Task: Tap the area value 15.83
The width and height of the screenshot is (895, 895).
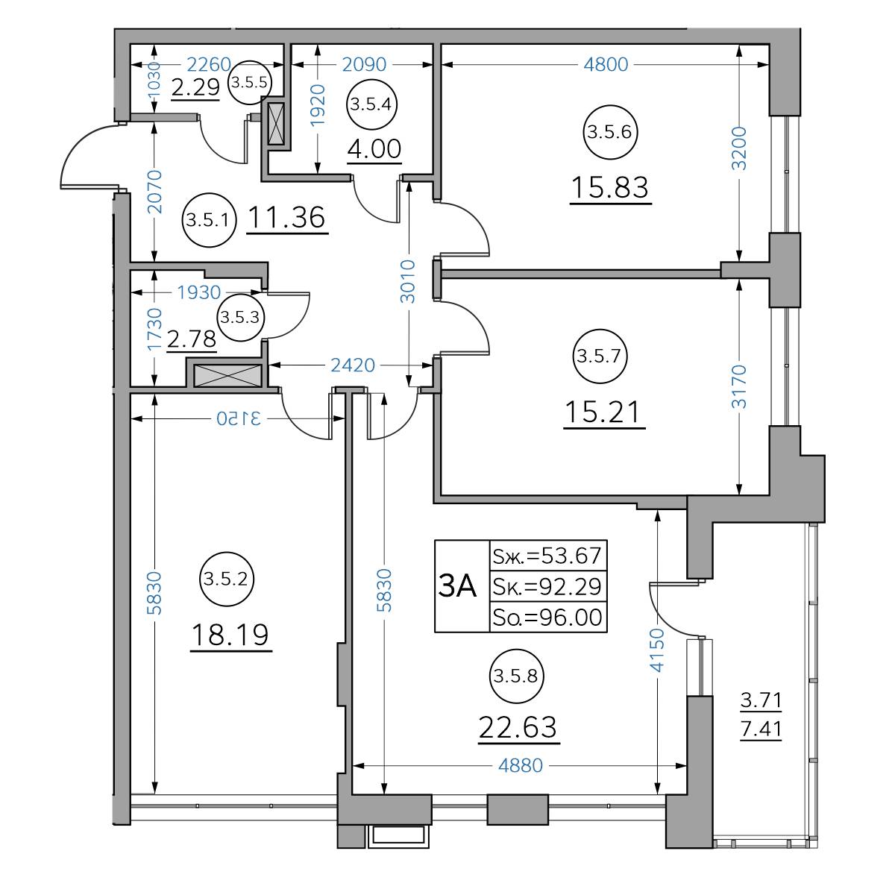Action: click(x=610, y=188)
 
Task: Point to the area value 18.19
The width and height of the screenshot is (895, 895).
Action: click(x=230, y=635)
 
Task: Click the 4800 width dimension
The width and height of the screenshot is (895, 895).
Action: click(x=606, y=65)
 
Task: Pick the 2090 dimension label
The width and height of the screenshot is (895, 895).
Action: click(x=364, y=65)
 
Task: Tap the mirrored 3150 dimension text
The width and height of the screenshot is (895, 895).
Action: click(x=239, y=418)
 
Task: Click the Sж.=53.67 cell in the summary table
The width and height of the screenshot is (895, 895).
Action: click(x=548, y=556)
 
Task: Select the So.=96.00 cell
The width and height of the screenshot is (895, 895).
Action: click(x=548, y=618)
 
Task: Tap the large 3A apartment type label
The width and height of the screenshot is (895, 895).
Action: click(x=457, y=586)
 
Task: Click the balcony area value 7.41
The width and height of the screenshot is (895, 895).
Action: click(x=761, y=728)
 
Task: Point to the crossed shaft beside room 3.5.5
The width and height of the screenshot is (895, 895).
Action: click(x=277, y=123)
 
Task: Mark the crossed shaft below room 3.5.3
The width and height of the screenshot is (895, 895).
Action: click(x=227, y=375)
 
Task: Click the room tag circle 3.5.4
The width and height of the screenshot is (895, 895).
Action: click(x=371, y=104)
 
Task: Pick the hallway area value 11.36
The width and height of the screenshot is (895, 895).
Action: click(x=287, y=217)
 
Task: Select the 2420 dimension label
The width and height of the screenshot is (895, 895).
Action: click(x=353, y=365)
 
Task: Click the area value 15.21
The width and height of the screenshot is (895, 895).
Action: click(x=603, y=412)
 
